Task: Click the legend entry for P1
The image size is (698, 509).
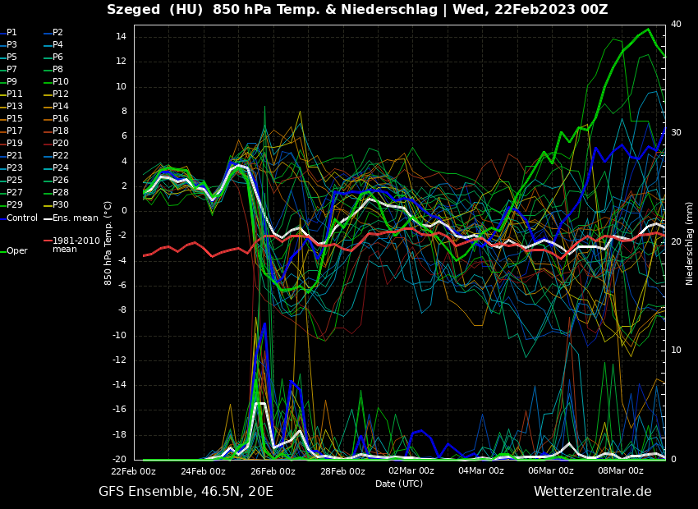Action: coord(11,32)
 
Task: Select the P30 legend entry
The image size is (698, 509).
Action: coord(61,204)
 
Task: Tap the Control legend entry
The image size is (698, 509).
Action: coord(22,218)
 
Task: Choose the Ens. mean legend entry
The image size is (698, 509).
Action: coord(75,218)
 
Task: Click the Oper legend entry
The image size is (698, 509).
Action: coord(16,250)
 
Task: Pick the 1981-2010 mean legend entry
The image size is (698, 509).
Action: coord(75,245)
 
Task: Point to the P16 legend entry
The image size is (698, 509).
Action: coord(61,118)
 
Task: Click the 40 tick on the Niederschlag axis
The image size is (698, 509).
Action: coord(676,25)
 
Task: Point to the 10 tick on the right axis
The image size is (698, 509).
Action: coord(676,351)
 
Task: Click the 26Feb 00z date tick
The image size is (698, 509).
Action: coord(273,471)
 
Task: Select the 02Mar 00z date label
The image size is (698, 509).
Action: coord(411,471)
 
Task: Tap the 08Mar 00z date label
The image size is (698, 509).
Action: coord(621,471)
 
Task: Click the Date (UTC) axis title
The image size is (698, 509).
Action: coord(399,484)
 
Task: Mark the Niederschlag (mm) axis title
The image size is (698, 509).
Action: coord(690,243)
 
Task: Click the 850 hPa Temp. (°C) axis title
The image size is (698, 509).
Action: coord(108,243)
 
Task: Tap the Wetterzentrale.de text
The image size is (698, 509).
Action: coord(592,492)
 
